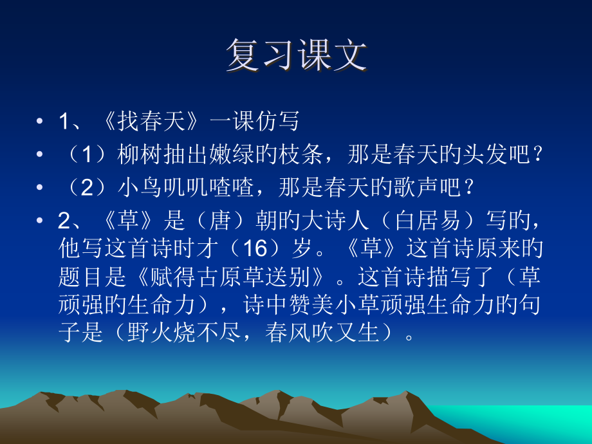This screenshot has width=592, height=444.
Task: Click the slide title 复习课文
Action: (x=297, y=56)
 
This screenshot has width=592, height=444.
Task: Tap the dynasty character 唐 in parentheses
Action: (x=219, y=221)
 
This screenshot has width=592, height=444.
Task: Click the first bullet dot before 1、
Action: (x=41, y=122)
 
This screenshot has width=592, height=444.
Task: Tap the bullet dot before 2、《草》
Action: (x=41, y=221)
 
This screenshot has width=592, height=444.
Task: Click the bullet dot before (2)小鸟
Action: (x=41, y=188)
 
